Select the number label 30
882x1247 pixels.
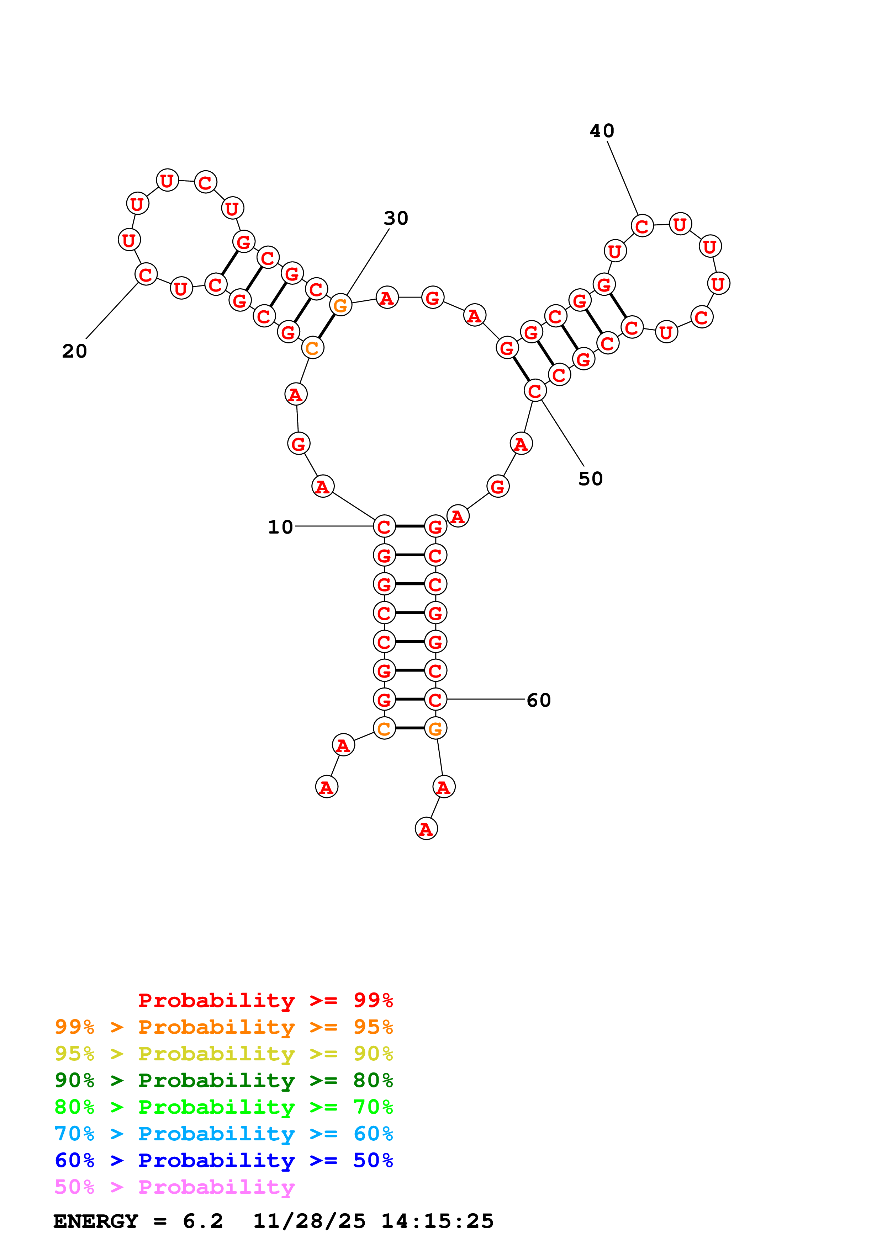(396, 218)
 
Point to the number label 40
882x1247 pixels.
(602, 130)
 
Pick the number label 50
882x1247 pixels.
(590, 478)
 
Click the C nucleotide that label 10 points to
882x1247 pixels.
(384, 526)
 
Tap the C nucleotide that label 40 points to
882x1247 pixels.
(642, 226)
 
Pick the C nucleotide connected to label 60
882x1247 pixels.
(435, 700)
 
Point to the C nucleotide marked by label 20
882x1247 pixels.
(146, 274)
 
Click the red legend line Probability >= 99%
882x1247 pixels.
(265, 1000)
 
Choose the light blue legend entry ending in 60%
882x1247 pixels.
(223, 1134)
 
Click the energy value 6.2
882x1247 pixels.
(203, 1221)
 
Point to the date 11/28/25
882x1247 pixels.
(309, 1221)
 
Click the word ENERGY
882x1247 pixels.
(96, 1221)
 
